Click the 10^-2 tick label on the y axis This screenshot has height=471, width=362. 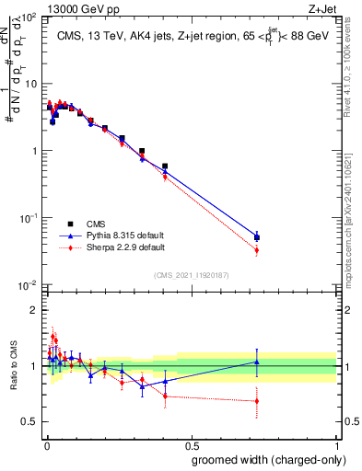pyautogui.click(x=29, y=285)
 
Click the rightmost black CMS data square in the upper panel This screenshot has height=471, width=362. pyautogui.click(x=257, y=237)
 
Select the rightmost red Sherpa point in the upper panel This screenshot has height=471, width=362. pyautogui.click(x=257, y=250)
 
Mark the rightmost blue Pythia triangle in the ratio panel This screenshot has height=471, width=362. pyautogui.click(x=257, y=362)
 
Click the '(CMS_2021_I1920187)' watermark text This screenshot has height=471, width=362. pyautogui.click(x=191, y=274)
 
